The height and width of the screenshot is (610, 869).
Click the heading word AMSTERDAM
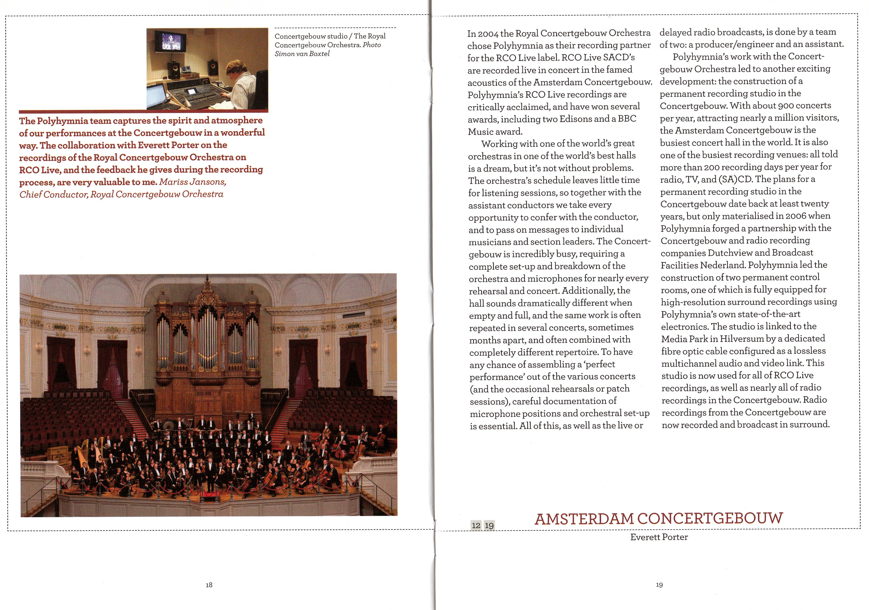point(584,519)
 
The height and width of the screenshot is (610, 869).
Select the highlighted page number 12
point(476,526)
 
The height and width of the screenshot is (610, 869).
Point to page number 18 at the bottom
point(209,585)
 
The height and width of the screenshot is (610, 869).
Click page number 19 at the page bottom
point(659,585)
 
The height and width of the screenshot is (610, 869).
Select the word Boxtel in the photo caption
point(319,54)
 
